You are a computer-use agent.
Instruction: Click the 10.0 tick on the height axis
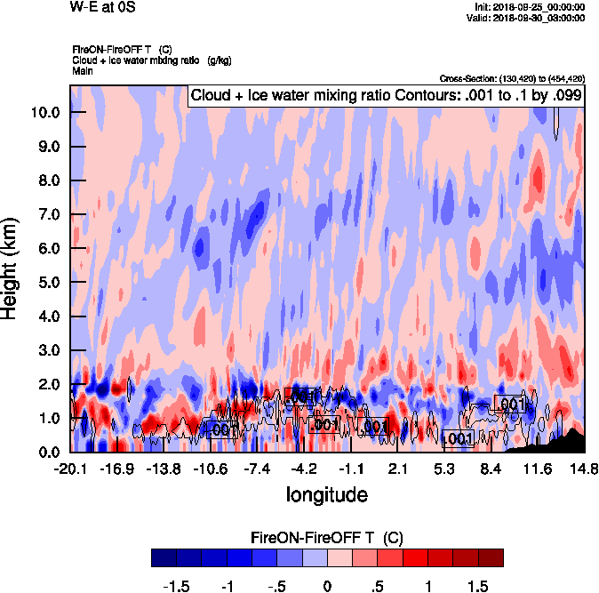(45, 113)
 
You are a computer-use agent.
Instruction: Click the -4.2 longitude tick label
(304, 469)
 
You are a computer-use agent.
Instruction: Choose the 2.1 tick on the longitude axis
(398, 469)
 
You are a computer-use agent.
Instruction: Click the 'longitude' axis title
(326, 493)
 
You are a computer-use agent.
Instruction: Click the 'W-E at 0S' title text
(103, 8)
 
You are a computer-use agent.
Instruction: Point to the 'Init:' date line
(531, 7)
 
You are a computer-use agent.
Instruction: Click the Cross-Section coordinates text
(512, 79)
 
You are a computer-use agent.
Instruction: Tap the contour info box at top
(386, 96)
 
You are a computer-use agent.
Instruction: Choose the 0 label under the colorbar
(327, 587)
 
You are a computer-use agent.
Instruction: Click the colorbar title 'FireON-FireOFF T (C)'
(327, 538)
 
